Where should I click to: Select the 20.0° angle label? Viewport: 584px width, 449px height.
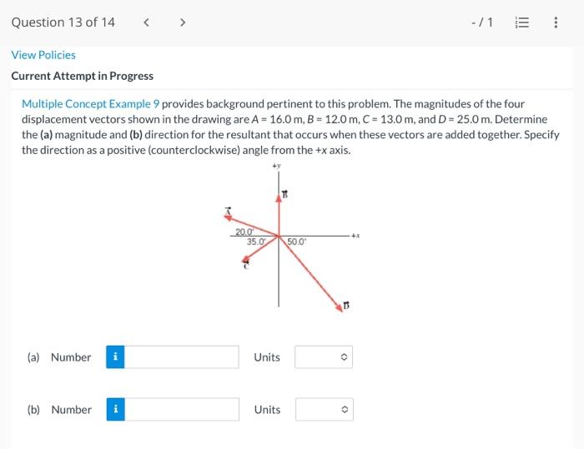click(244, 232)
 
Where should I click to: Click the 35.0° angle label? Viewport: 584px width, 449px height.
click(256, 242)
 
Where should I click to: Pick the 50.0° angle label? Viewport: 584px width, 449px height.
click(297, 242)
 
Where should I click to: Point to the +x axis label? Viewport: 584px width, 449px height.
click(355, 236)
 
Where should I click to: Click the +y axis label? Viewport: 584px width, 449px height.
click(276, 167)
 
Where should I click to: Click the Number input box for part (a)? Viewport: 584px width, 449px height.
click(183, 357)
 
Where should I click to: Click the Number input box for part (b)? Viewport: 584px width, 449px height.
click(183, 410)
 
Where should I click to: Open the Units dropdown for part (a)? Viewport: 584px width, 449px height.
click(325, 357)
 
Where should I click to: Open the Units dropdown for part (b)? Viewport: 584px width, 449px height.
click(325, 410)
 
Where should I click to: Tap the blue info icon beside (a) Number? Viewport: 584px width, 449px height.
click(116, 357)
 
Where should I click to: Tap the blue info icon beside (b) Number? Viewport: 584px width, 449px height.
click(116, 410)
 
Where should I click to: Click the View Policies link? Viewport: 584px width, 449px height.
click(43, 55)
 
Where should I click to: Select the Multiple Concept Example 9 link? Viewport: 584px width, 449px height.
click(90, 104)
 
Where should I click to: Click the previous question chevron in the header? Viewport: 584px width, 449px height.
click(147, 22)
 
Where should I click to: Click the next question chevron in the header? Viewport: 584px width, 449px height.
click(181, 22)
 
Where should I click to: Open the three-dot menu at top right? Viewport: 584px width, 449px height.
click(556, 22)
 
